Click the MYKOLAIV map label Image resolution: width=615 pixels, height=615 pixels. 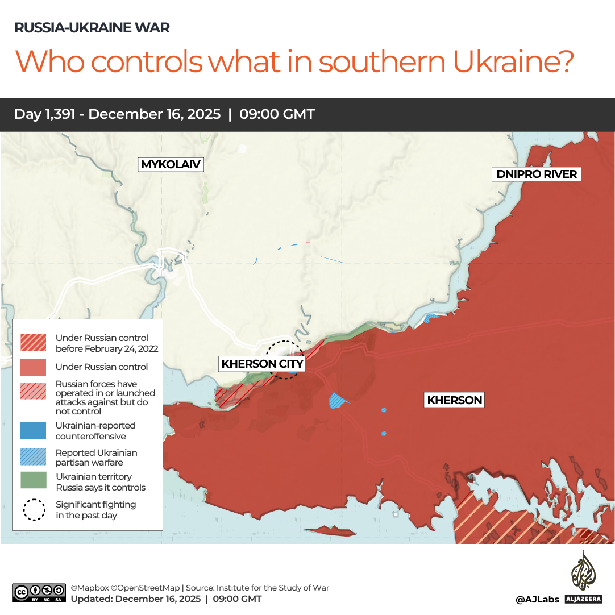point(171,165)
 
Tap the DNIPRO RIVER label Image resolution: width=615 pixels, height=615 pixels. point(537,174)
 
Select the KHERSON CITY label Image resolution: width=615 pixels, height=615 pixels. point(262,364)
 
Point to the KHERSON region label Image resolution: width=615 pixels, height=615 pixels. point(454,400)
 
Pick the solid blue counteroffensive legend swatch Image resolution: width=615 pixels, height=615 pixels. point(34,430)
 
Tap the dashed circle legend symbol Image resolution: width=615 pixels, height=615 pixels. point(34,509)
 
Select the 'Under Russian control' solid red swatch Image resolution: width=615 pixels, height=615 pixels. point(34,367)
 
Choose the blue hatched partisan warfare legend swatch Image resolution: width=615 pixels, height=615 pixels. point(34,457)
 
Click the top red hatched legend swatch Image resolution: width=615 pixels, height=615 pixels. point(34,342)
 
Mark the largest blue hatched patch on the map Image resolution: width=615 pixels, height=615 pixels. point(338,401)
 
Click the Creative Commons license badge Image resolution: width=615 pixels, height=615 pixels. point(39,593)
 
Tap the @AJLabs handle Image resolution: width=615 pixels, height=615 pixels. point(537,599)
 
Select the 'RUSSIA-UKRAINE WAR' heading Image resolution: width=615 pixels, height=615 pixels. point(92,27)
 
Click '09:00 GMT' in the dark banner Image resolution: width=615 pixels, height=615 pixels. point(277,114)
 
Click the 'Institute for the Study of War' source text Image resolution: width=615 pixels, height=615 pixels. point(271,588)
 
